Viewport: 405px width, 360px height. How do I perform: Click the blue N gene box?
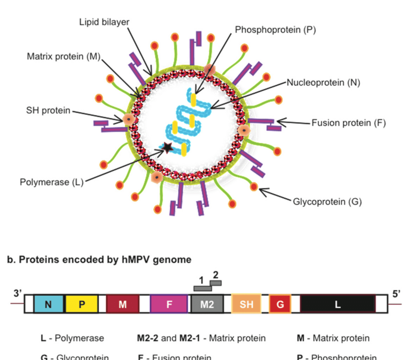pyautogui.click(x=48, y=304)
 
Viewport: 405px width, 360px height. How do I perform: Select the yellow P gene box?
pyautogui.click(x=81, y=304)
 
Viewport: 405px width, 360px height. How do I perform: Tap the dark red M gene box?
pyautogui.click(x=122, y=304)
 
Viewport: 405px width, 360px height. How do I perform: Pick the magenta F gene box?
pyautogui.click(x=169, y=304)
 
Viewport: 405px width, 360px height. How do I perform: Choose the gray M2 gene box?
pyautogui.click(x=207, y=304)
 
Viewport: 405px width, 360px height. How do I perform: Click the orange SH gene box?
pyautogui.click(x=247, y=304)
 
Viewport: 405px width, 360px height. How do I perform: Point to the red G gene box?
pyautogui.click(x=280, y=304)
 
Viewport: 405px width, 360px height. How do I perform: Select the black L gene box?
pyautogui.click(x=338, y=304)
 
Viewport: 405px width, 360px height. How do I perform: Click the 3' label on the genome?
pyautogui.click(x=18, y=293)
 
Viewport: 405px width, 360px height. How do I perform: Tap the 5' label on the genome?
pyautogui.click(x=396, y=293)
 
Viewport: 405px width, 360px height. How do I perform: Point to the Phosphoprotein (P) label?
pyautogui.click(x=276, y=30)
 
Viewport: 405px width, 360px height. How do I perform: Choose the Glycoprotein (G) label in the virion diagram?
pyautogui.click(x=327, y=201)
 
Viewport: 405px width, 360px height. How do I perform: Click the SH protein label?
pyautogui.click(x=48, y=110)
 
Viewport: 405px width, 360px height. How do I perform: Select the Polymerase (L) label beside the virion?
pyautogui.click(x=51, y=182)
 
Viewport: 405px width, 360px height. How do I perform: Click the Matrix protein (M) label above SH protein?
pyautogui.click(x=64, y=57)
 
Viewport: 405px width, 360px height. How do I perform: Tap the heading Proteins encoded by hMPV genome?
pyautogui.click(x=99, y=260)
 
